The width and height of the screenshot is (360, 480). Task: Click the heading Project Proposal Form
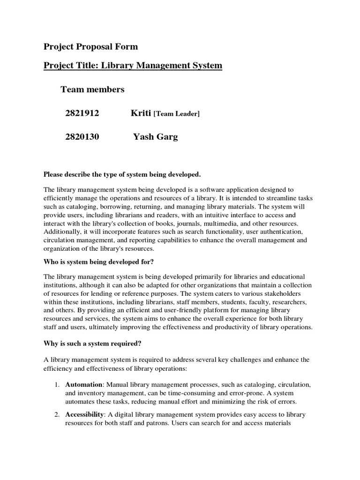point(91,46)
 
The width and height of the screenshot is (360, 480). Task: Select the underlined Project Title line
point(133,65)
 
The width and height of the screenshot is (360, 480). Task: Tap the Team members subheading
point(92,89)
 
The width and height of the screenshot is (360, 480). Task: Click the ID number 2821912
point(82,113)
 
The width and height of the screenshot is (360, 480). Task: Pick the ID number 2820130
point(82,137)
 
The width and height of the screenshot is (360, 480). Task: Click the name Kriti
point(141,113)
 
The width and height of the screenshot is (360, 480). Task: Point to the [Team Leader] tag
point(177,114)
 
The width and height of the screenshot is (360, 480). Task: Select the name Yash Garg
point(156,137)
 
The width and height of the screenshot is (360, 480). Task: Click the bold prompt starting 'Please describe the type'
point(122,175)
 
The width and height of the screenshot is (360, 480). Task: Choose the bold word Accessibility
point(84,415)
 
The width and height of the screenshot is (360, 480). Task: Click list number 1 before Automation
point(56,384)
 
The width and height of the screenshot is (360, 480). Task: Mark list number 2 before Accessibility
point(56,415)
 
